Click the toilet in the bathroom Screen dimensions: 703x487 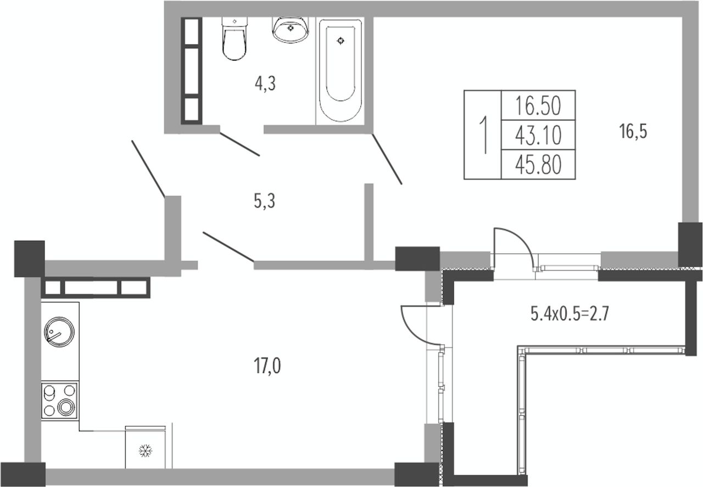[234, 38]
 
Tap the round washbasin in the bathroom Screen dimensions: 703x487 [290, 29]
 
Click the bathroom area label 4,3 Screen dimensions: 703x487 [265, 84]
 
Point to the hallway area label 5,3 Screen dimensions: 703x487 [265, 201]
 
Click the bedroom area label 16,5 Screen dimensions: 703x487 [633, 131]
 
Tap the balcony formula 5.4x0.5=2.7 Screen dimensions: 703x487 [570, 314]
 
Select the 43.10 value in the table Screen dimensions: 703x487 [538, 135]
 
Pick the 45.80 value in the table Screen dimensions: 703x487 [538, 165]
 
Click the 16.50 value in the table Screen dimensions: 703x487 [538, 106]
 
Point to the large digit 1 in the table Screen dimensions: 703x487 [484, 135]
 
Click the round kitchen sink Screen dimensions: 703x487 [59, 332]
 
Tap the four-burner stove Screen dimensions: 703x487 [60, 401]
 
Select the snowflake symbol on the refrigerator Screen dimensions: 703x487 [146, 451]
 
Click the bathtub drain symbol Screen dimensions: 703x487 [341, 41]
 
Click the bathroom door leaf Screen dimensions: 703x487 [240, 144]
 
